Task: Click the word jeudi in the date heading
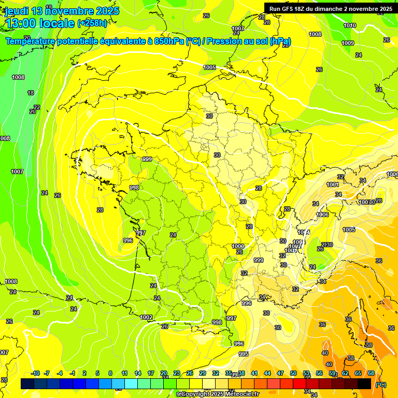point(16,11)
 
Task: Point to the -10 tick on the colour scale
point(35,373)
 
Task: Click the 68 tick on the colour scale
point(371,373)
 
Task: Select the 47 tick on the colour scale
point(280,373)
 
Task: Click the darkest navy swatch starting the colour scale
point(27,383)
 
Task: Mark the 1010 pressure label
point(350,25)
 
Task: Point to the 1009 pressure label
point(348,43)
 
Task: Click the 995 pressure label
point(244,354)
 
